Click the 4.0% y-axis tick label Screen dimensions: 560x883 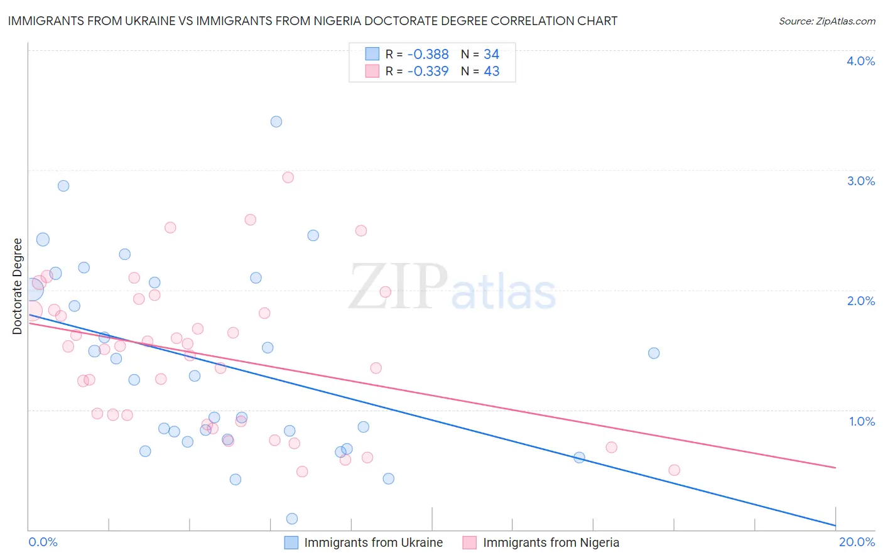[x=860, y=61]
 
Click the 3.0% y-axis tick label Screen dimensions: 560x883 [x=860, y=181]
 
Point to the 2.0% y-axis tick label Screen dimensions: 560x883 [x=860, y=301]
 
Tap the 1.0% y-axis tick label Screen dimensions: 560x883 [x=862, y=421]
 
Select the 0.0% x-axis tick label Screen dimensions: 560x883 [x=43, y=542]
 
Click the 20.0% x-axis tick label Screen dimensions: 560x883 [x=857, y=542]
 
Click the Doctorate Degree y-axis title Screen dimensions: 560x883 [x=17, y=286]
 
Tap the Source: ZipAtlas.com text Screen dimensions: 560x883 [x=826, y=21]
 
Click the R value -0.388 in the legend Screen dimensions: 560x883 [x=428, y=55]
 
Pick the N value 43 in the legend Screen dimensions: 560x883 [x=491, y=72]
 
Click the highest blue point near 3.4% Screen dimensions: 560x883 [x=276, y=122]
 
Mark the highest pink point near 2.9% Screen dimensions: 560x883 [x=288, y=177]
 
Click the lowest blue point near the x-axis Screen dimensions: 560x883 [x=292, y=519]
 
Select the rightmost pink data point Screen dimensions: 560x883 [x=674, y=470]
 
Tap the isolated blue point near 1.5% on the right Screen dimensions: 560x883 [x=654, y=353]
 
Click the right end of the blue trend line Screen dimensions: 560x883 [x=835, y=525]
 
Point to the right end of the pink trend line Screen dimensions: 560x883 [x=835, y=467]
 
